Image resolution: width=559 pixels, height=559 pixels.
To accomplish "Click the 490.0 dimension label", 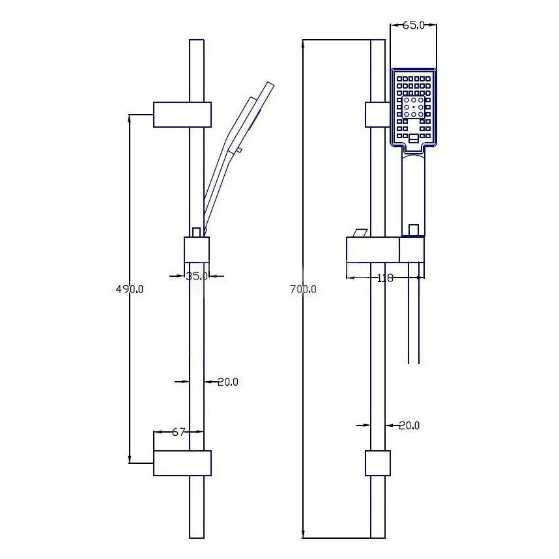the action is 130,289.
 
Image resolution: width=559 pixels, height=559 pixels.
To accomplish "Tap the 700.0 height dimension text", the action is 303,289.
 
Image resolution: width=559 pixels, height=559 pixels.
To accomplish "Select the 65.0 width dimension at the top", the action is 414,25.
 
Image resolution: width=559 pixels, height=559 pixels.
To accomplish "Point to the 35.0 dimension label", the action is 197,276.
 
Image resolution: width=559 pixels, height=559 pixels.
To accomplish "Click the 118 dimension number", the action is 385,278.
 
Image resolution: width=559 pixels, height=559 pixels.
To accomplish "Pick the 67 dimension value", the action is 179,432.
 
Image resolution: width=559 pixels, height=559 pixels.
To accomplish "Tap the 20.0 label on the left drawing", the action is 228,382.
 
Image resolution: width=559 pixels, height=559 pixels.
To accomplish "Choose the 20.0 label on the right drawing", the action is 409,425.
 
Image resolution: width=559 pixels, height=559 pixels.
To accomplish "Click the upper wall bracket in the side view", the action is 182,115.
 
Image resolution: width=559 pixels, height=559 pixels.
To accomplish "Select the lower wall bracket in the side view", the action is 182,463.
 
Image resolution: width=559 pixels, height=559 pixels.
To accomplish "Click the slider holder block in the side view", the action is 197,249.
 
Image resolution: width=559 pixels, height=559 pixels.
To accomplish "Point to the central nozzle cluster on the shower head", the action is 414,107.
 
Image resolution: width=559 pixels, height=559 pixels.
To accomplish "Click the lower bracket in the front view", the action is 378,463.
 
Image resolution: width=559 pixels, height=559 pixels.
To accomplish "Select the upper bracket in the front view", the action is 377,115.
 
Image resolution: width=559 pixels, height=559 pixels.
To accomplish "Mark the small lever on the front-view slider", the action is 361,233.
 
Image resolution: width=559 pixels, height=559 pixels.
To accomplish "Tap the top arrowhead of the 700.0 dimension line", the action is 303,44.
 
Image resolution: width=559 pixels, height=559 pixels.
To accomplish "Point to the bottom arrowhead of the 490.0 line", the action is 130,459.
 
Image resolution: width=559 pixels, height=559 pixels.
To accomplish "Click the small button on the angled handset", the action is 239,150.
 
